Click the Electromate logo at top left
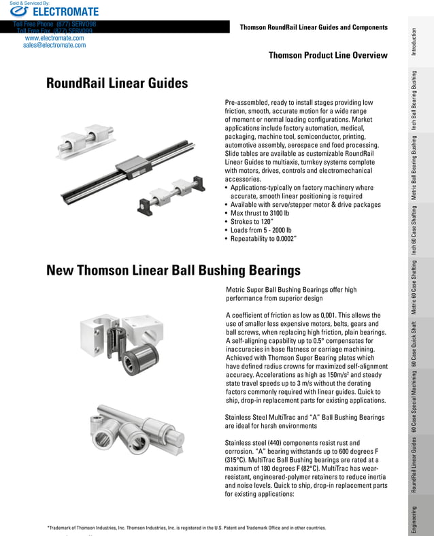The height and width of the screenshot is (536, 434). point(54,12)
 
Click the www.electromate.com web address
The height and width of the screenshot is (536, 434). point(54,38)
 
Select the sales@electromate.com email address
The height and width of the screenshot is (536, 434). point(54,46)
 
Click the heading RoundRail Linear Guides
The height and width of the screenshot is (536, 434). point(117,84)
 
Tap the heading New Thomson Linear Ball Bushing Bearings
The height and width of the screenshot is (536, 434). point(173,271)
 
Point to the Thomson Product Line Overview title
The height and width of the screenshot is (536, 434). point(328,56)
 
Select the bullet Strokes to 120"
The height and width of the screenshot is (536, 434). point(252,222)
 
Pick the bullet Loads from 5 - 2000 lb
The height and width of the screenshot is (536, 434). point(266,231)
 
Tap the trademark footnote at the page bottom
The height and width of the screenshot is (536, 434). point(186,528)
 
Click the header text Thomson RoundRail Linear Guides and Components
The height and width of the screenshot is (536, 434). point(314,27)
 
